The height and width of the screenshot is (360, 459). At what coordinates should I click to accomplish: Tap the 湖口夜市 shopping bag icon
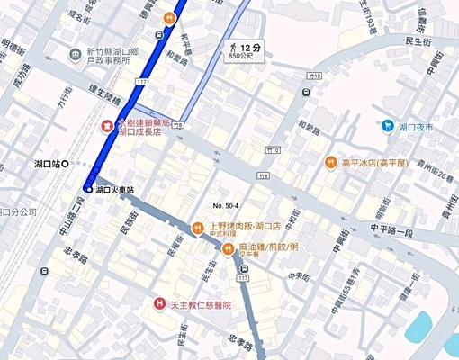388,127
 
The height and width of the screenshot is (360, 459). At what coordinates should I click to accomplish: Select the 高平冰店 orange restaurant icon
330,163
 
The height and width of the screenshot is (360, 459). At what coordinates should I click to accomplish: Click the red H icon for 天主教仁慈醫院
159,304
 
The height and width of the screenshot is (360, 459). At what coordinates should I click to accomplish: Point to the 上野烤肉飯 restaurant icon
198,226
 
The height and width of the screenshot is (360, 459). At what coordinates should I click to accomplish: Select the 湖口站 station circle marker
76,164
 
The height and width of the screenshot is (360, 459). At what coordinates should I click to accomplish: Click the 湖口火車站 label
115,190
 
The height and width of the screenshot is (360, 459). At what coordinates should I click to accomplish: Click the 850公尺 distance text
240,56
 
